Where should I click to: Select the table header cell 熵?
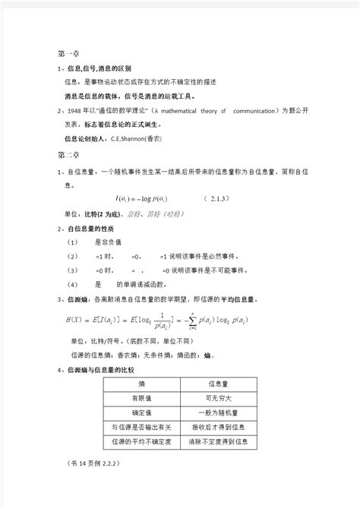click(138, 384)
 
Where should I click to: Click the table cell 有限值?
click(138, 399)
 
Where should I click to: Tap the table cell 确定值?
click(138, 413)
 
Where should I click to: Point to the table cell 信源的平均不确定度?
click(138, 442)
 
